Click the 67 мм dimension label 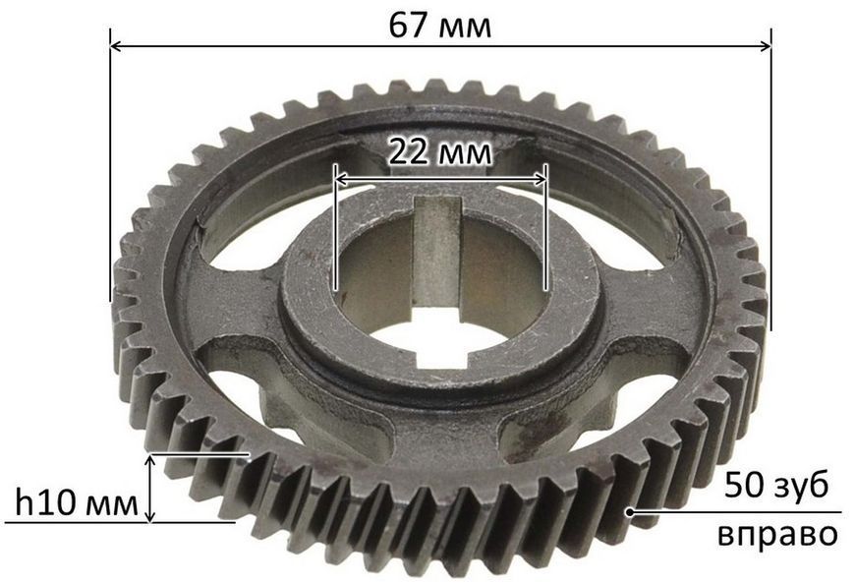(439, 26)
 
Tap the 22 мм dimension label (439, 152)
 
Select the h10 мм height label (77, 502)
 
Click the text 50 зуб (776, 486)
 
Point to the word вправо (777, 535)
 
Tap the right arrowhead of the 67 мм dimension (766, 46)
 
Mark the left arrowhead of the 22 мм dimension (341, 178)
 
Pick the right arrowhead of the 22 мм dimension (540, 178)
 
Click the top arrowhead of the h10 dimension (150, 460)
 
